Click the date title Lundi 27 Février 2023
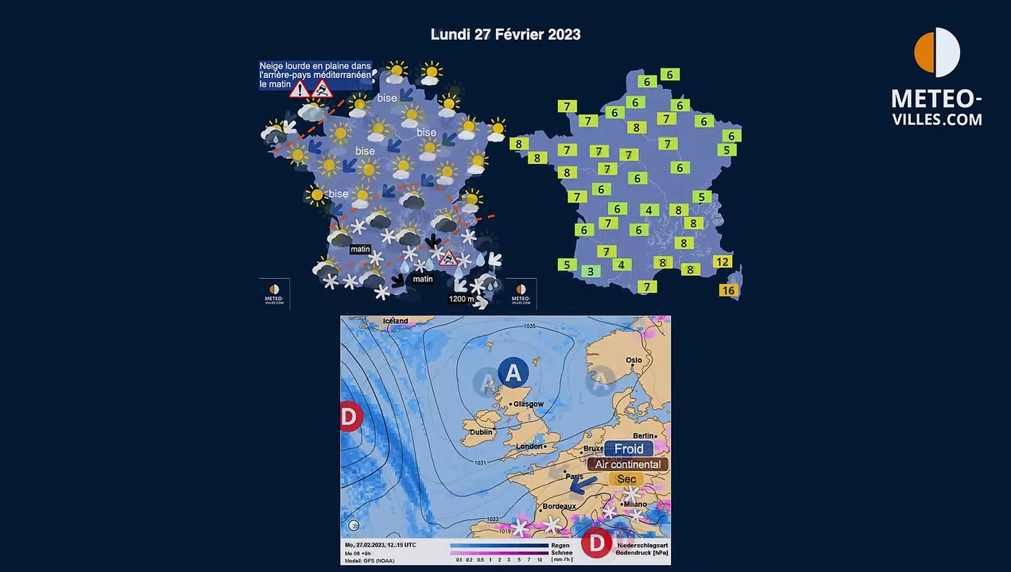click(x=505, y=34)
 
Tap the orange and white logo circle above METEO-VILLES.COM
click(x=937, y=52)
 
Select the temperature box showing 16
click(x=728, y=291)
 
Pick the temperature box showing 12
click(x=722, y=262)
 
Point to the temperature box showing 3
click(x=590, y=272)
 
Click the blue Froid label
click(x=629, y=449)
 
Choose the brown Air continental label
click(x=628, y=464)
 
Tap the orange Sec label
click(x=626, y=479)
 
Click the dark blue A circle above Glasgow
click(x=513, y=372)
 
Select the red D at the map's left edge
click(x=350, y=416)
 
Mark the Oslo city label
click(x=633, y=361)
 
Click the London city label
click(x=529, y=446)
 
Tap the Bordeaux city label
click(x=559, y=506)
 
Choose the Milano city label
click(x=635, y=504)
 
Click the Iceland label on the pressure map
click(x=395, y=321)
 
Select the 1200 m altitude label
click(x=462, y=299)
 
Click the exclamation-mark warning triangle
click(x=300, y=89)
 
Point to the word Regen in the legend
click(x=560, y=546)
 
